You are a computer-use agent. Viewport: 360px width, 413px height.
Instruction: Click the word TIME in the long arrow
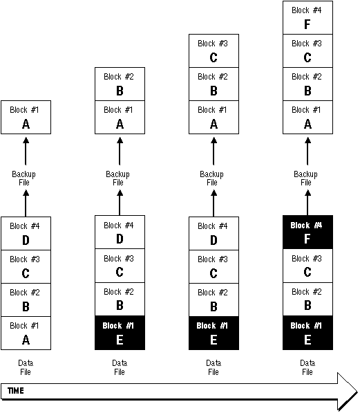click(x=16, y=390)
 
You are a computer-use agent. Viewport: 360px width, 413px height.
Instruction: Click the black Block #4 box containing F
click(x=307, y=232)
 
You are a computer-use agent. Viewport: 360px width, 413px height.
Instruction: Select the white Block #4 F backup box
click(x=307, y=18)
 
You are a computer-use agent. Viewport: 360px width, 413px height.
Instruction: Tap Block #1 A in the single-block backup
click(x=26, y=117)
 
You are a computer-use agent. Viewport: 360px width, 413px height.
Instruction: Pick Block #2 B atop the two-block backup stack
click(x=120, y=84)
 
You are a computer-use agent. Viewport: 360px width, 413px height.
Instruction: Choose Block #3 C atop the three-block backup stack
click(x=214, y=51)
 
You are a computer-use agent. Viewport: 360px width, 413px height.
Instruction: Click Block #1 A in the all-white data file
click(x=26, y=333)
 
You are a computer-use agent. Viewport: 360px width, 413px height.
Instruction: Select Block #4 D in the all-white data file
click(x=26, y=233)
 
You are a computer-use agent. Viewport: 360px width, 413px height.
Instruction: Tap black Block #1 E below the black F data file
click(x=307, y=333)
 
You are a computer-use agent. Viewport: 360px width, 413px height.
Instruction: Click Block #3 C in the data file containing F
click(x=307, y=266)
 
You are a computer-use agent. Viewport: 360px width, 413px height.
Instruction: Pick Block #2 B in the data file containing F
click(x=307, y=300)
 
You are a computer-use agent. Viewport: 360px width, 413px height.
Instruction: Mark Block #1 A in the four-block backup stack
click(x=307, y=117)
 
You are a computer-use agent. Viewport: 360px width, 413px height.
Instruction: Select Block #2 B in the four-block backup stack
click(x=307, y=84)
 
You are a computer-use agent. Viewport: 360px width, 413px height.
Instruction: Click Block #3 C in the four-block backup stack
click(x=307, y=51)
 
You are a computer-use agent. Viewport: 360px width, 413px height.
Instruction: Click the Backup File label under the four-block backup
click(x=306, y=178)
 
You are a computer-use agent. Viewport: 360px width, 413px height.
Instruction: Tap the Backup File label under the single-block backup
click(x=24, y=178)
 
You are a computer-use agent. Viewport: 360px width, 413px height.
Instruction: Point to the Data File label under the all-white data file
click(x=26, y=367)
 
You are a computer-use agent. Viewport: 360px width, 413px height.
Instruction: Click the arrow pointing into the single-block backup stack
click(x=26, y=151)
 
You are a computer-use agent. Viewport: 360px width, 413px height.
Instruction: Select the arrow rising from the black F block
click(x=307, y=203)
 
